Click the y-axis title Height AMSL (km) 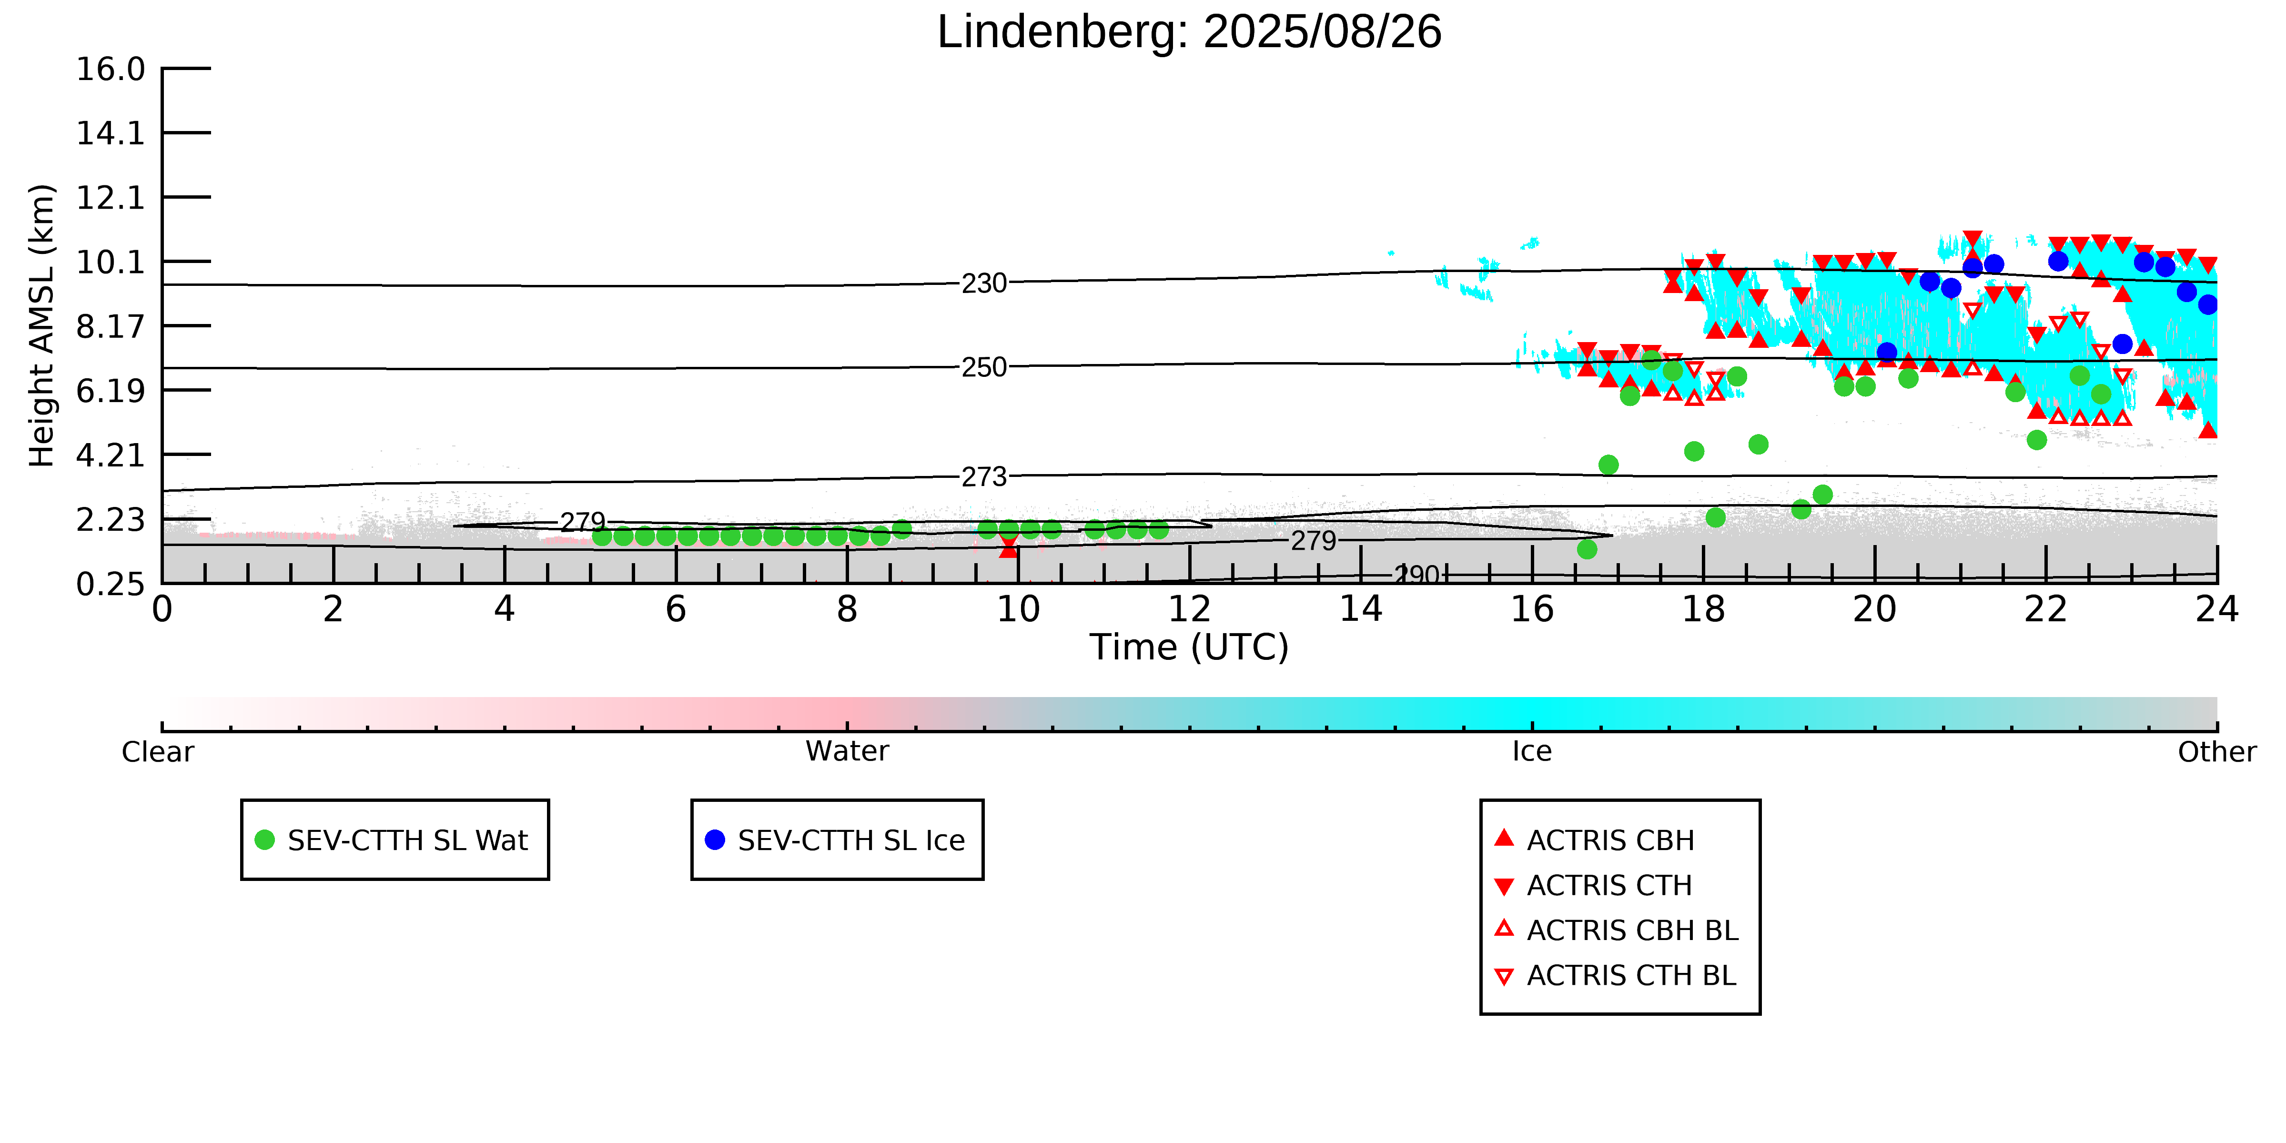point(42,326)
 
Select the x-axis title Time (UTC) point(1189,647)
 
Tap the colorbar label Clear point(158,752)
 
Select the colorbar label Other point(2217,752)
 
